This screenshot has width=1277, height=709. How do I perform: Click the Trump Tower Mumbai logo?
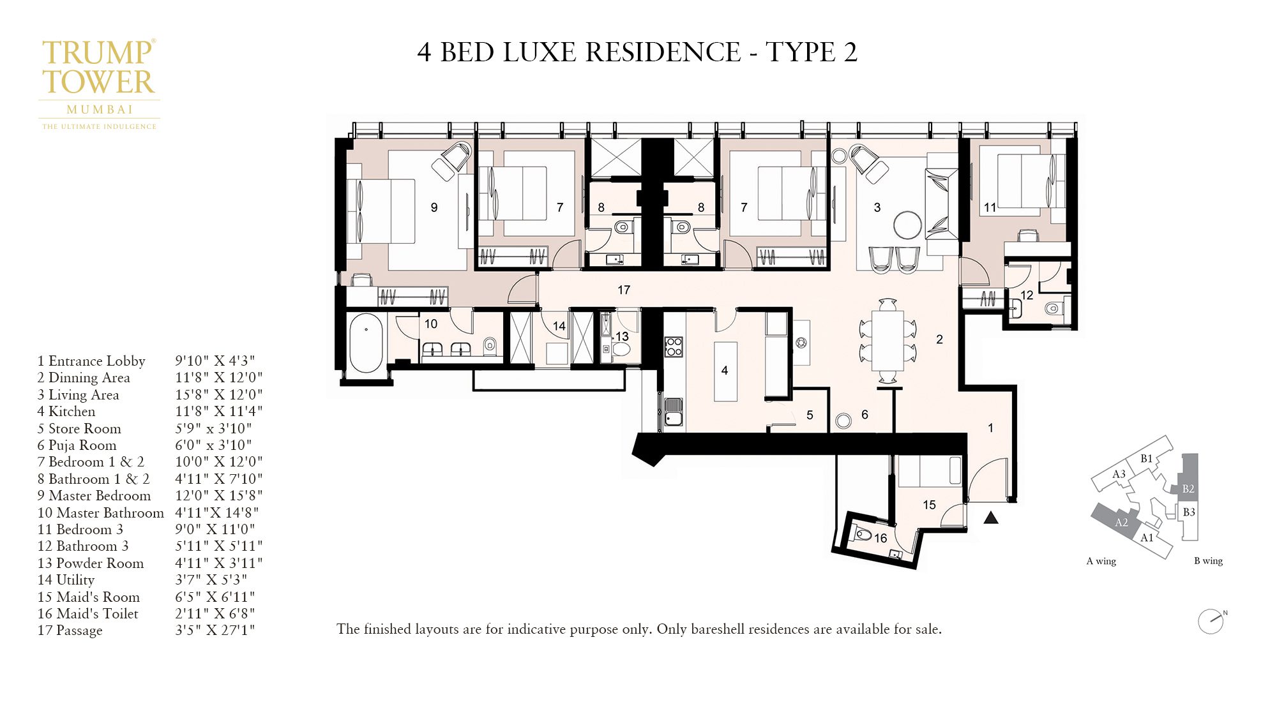tap(99, 83)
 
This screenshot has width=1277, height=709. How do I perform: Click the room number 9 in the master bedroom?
tap(434, 207)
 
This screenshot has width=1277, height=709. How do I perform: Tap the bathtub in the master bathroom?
tap(366, 342)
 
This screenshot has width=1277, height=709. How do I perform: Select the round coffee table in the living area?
tap(907, 225)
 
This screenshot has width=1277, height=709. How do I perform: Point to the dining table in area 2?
tap(888, 340)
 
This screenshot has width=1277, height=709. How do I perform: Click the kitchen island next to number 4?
tap(725, 371)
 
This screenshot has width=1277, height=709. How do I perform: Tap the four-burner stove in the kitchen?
tap(674, 347)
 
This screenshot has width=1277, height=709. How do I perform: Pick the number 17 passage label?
tap(624, 290)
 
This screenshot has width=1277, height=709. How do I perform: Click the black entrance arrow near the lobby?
tap(991, 518)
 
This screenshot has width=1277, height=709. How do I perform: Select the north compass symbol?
tap(1211, 621)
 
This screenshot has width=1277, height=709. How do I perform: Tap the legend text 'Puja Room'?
tap(82, 445)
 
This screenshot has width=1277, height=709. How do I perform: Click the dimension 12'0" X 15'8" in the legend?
tap(219, 496)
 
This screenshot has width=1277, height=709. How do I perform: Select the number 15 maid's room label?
tap(929, 505)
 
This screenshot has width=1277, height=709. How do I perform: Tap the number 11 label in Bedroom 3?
tap(990, 207)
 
